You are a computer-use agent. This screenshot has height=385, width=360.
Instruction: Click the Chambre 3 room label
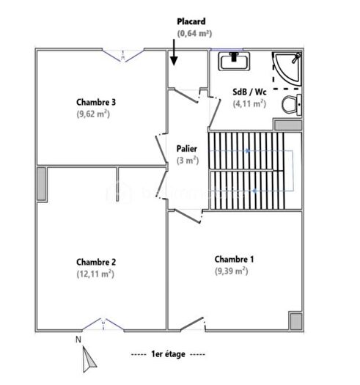coord(96,102)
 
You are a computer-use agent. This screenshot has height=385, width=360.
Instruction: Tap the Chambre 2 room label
coord(96,262)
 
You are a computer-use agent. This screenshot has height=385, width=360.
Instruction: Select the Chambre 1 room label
coord(234,259)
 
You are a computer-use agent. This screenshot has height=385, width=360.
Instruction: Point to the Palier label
coord(187,149)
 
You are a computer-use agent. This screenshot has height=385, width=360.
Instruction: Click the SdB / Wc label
coord(249,92)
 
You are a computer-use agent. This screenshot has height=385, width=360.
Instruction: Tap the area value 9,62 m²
coord(96,114)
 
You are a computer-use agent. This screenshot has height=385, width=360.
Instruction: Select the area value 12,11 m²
coord(96,274)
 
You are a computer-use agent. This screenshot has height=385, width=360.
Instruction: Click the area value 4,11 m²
coord(249,104)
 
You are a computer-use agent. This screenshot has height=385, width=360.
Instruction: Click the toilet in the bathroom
coord(291,104)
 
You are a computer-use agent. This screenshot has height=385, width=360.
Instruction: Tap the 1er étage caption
coord(168,354)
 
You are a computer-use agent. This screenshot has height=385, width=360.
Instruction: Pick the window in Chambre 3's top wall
coord(122,51)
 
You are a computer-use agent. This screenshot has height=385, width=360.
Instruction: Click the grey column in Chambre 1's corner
coord(295,321)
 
